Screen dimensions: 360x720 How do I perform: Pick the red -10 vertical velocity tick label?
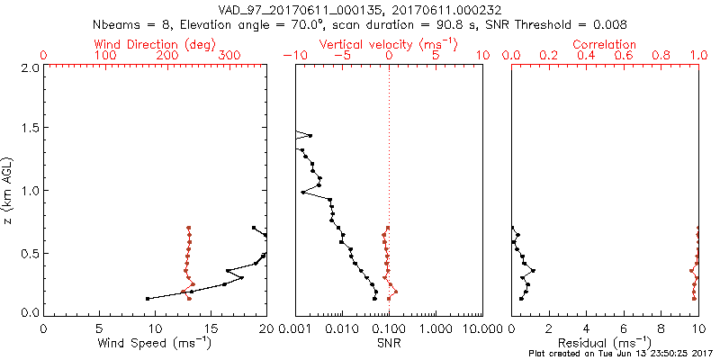292,56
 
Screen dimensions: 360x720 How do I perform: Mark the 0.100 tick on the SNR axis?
389,329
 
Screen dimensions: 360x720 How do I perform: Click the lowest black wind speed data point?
148,298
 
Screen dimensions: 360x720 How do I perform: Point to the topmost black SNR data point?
310,136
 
